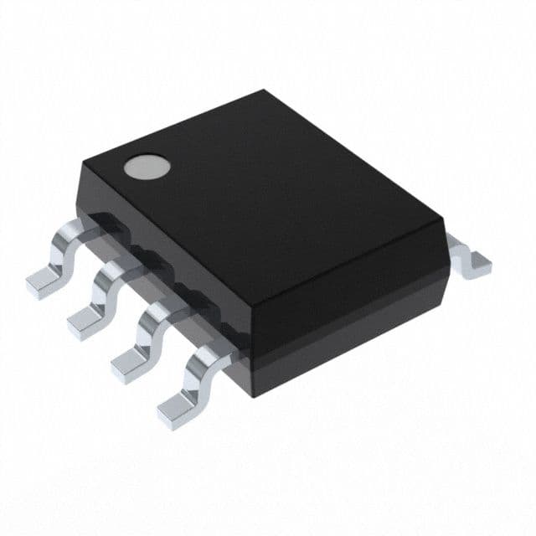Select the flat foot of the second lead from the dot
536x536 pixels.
pyautogui.click(x=85, y=320)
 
